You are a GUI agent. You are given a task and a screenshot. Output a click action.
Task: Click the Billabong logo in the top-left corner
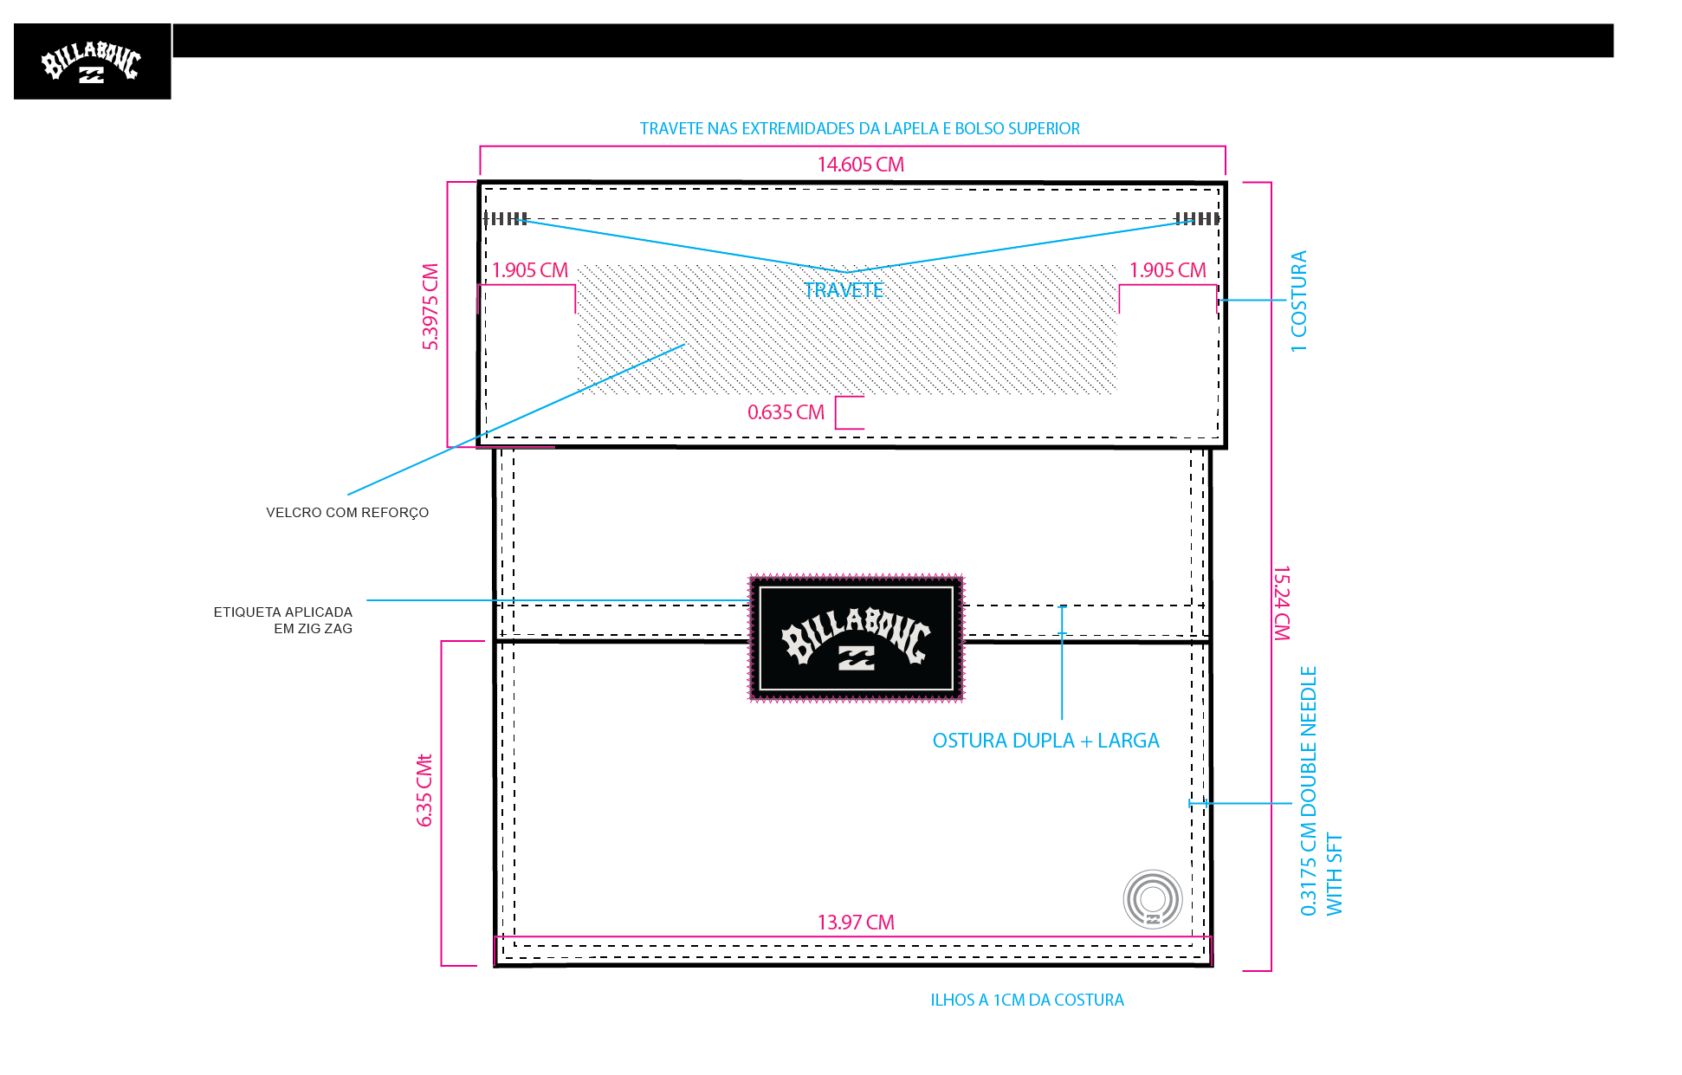click(92, 62)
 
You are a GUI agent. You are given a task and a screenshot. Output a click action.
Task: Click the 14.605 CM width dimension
click(861, 165)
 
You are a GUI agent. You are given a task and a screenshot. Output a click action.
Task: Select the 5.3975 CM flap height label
click(430, 307)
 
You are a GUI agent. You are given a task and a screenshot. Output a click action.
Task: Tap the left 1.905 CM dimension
click(530, 270)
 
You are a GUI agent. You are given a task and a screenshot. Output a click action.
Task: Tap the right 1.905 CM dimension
click(1168, 270)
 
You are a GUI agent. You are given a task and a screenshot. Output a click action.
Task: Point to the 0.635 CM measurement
click(786, 412)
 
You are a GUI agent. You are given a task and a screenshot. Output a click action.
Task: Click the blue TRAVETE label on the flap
click(844, 290)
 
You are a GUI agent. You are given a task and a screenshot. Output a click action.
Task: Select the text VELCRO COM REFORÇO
click(347, 513)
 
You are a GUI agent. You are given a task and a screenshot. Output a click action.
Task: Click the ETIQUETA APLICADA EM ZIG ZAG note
click(283, 620)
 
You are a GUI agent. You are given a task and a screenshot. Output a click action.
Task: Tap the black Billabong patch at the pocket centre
click(856, 638)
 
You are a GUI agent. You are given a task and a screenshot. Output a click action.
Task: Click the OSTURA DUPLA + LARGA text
click(1045, 741)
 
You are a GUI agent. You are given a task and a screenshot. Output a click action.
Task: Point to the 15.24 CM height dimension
click(1282, 603)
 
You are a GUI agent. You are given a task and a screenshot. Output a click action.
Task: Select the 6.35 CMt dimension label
click(424, 790)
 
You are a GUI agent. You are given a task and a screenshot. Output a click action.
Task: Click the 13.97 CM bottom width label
click(856, 923)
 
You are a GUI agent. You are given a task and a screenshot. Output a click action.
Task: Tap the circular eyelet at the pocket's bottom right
click(1153, 899)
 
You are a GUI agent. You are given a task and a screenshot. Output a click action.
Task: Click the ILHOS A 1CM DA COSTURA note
click(1027, 1001)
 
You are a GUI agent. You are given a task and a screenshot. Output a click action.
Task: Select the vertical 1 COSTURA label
click(1298, 301)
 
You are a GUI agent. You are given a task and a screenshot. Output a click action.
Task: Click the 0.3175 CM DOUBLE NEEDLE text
click(1308, 791)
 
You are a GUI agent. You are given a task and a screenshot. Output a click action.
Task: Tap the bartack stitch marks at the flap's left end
click(506, 218)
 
